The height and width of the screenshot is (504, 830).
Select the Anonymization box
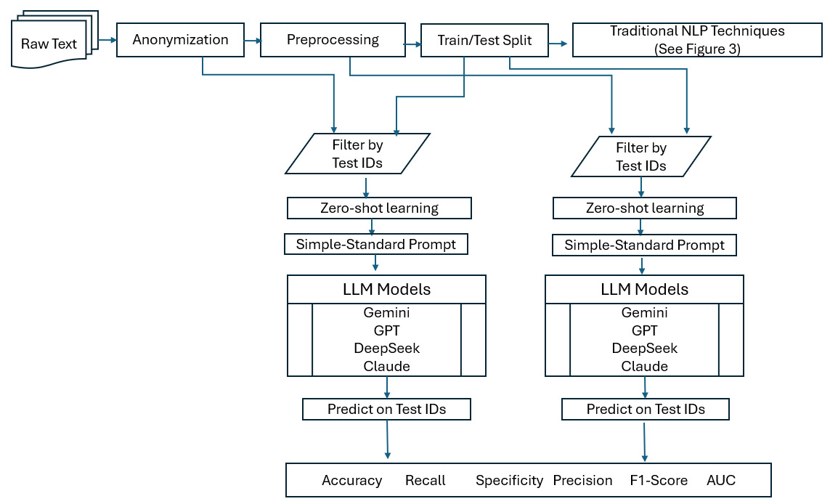coord(180,40)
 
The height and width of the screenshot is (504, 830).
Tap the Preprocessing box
coord(333,40)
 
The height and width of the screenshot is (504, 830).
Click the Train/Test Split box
coord(484,40)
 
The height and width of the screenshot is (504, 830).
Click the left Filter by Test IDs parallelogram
coord(358,154)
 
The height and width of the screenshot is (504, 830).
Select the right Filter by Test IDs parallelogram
coord(641,156)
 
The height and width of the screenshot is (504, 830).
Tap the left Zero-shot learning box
coord(379,208)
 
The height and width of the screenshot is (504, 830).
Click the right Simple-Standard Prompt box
coord(644,245)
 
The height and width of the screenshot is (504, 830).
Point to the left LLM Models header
coord(386,289)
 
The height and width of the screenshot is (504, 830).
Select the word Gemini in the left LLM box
coord(386,313)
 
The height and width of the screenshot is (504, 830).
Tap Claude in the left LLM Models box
coord(386,366)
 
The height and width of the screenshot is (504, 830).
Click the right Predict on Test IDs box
coord(645,410)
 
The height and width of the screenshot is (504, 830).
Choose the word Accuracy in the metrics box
coord(351,480)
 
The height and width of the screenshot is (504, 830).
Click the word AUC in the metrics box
coord(720,480)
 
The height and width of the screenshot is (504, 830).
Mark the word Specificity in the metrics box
coord(509,480)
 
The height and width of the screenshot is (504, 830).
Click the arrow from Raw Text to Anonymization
coord(107,41)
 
